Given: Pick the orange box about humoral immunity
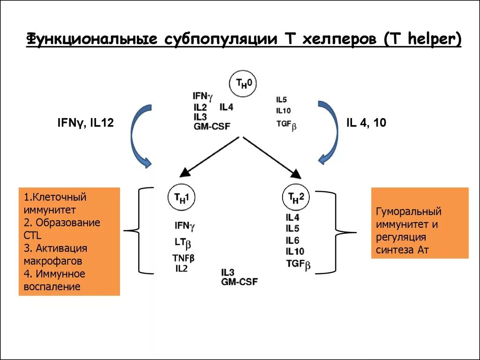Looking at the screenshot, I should click(x=420, y=223).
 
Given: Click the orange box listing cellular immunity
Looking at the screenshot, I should click(x=69, y=241).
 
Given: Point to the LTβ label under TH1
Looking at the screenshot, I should click(x=183, y=243).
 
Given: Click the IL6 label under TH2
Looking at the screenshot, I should click(x=292, y=240).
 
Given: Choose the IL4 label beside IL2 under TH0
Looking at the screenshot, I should click(x=226, y=107).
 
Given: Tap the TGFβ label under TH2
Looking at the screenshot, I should click(x=299, y=264).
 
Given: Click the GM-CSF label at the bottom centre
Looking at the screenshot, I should click(x=239, y=281).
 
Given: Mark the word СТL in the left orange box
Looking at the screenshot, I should click(x=32, y=235).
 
